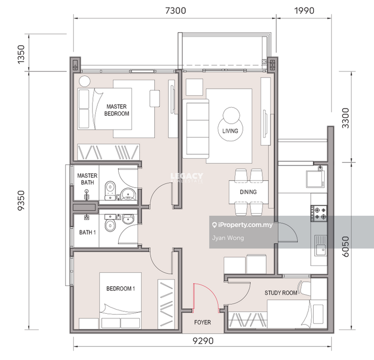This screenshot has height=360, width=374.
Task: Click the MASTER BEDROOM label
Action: [116, 110]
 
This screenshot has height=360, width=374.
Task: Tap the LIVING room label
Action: [230, 131]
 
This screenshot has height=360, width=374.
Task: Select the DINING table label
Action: [248, 192]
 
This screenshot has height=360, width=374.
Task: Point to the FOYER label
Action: [202, 322]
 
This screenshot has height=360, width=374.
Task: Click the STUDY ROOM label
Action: [281, 293]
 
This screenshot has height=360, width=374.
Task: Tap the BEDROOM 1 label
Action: [121, 289]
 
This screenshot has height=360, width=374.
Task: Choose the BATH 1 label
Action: [87, 233]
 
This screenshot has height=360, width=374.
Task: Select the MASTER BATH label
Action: [87, 179]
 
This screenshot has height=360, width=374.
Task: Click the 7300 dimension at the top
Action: [176, 10]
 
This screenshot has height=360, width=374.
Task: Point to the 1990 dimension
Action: [304, 10]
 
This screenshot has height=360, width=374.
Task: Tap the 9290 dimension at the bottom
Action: [203, 341]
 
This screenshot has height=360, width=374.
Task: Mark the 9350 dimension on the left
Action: [21, 200]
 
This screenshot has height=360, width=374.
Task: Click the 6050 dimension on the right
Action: [345, 247]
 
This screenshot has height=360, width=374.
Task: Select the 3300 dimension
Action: [345, 118]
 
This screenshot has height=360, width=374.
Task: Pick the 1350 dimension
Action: [21, 54]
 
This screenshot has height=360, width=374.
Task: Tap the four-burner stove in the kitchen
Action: [319, 213]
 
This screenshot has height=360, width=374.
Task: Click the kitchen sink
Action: [320, 246]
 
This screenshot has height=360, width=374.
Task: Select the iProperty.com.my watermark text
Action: [242, 225]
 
